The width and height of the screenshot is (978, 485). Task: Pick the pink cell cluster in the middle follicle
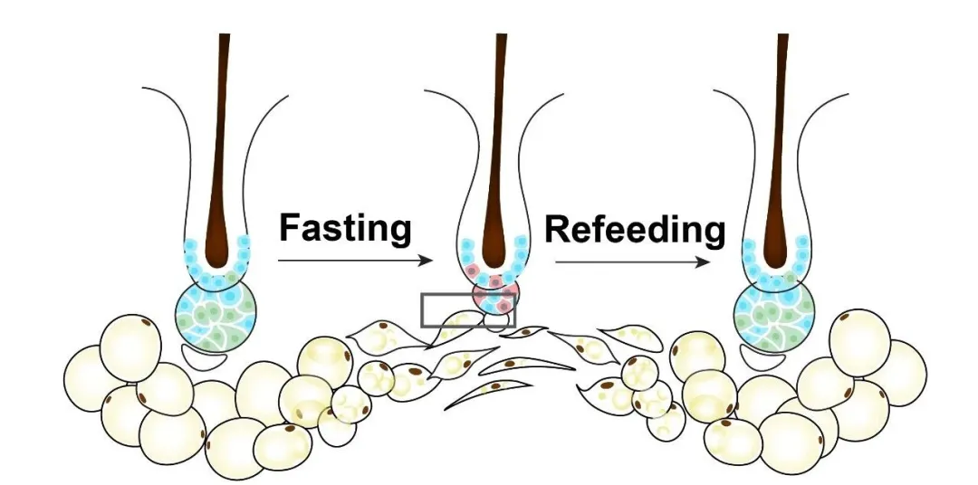coord(494,291)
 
